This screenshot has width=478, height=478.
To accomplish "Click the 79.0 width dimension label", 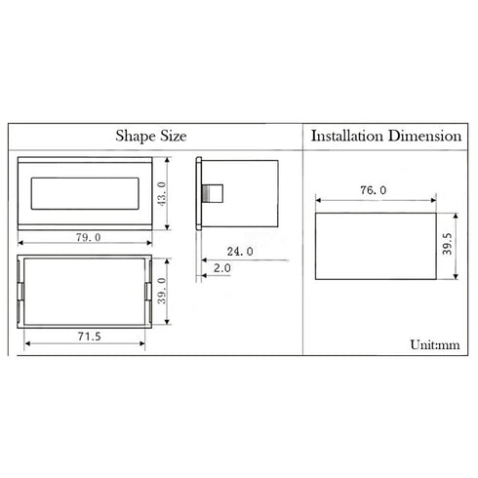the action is click(89, 237).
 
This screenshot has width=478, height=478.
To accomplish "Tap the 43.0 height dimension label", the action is click(162, 194).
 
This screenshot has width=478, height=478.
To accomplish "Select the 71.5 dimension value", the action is click(90, 337).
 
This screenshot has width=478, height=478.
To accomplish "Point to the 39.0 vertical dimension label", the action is click(162, 291).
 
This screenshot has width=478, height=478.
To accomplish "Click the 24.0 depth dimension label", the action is click(240, 252).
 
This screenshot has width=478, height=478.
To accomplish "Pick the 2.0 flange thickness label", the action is click(222, 268).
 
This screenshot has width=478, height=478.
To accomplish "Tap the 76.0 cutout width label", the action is click(374, 190).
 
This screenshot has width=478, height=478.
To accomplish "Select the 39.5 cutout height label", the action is click(448, 244).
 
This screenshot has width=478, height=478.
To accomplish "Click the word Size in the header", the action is click(174, 136).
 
